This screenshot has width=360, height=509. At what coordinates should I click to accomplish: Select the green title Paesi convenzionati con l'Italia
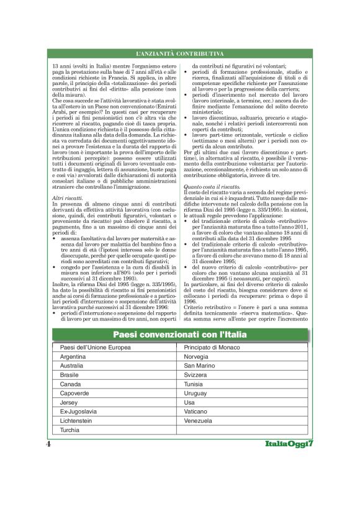click(x=179, y=335)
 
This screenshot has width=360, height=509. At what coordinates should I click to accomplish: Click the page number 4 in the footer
click(x=48, y=445)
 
